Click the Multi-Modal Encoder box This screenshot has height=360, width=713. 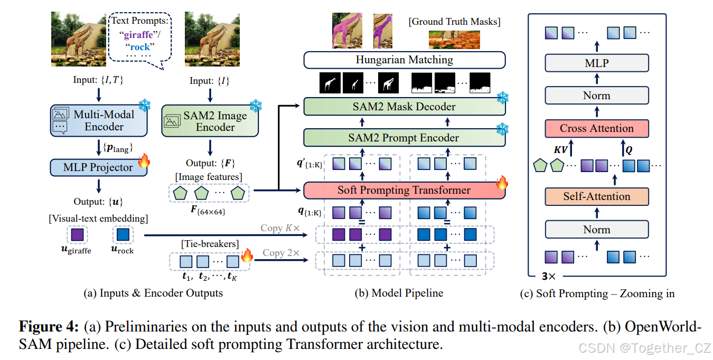click(98, 120)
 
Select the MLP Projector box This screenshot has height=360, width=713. click(98, 167)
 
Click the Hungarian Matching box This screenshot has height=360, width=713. click(404, 60)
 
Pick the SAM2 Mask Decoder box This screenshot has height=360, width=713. click(404, 107)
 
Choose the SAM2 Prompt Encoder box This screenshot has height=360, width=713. click(404, 138)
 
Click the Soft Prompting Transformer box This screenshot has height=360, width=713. click(404, 190)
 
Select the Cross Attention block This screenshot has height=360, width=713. click(596, 128)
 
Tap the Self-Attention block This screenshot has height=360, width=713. click(596, 196)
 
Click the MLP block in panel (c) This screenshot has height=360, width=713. click(596, 63)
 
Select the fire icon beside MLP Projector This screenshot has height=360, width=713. click(143, 160)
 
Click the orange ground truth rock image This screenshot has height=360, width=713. click(454, 40)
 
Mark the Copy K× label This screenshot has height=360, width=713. click(280, 228)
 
